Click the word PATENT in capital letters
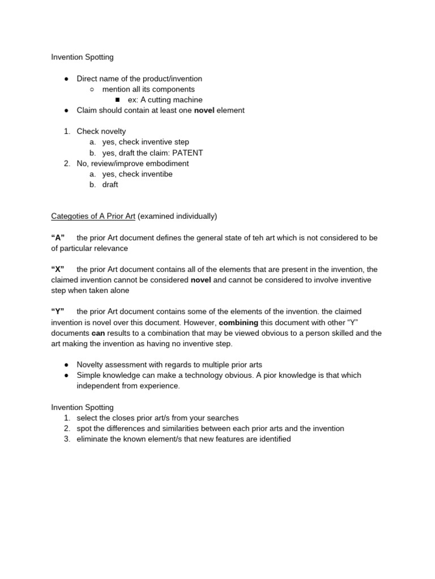[x=188, y=153]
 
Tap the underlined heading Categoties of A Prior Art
[x=93, y=216]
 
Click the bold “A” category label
[x=58, y=237]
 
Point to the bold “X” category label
[x=58, y=269]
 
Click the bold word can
[x=99, y=333]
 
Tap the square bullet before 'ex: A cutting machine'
[x=117, y=100]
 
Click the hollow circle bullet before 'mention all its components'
[x=92, y=89]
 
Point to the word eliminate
[x=94, y=439]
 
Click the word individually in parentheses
[x=195, y=216]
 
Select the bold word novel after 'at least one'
[x=204, y=110]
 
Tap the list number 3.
[x=66, y=439]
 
